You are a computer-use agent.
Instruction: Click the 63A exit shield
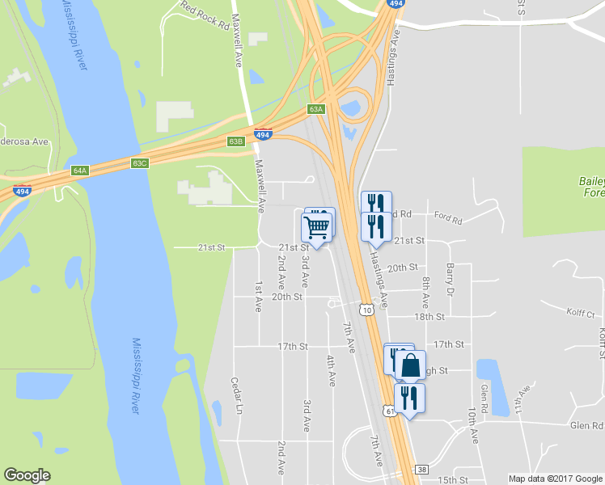(x=315, y=108)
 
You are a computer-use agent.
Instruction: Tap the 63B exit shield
(x=235, y=141)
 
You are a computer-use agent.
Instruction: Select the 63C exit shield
(x=140, y=163)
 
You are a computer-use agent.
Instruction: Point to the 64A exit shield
(x=79, y=171)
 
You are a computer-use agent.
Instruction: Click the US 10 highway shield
(x=366, y=310)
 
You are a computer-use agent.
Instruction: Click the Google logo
(x=27, y=475)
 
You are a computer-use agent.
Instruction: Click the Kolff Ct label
(x=580, y=314)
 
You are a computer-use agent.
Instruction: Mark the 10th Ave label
(x=472, y=426)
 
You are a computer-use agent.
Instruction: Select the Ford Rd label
(x=446, y=218)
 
